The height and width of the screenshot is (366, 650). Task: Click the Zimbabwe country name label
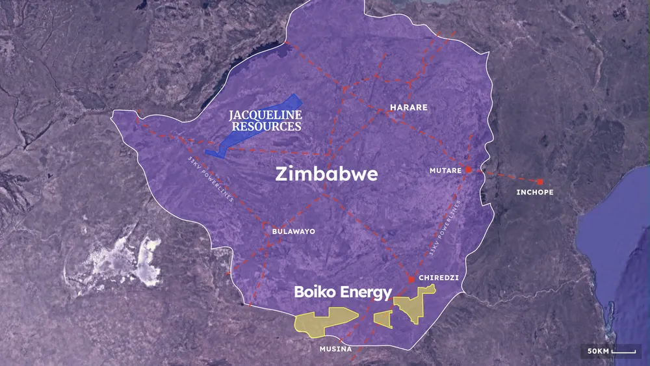(x=326, y=175)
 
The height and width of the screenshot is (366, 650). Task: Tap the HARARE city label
(x=408, y=107)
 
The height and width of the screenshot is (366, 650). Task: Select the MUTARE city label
(x=445, y=170)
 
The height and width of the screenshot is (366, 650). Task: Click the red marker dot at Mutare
(x=467, y=170)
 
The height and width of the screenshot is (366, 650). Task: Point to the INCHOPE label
(x=535, y=192)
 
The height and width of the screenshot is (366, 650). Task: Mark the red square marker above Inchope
(x=539, y=181)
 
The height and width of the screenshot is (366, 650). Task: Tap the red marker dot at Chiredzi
(x=411, y=280)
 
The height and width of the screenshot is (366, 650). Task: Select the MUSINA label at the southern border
(x=335, y=349)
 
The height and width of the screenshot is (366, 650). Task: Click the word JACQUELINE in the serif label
(x=265, y=115)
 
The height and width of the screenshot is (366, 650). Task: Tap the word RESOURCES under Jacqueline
(x=265, y=126)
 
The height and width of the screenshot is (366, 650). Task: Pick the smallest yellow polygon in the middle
(x=383, y=318)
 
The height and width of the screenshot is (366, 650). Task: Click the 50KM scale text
(x=597, y=351)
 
